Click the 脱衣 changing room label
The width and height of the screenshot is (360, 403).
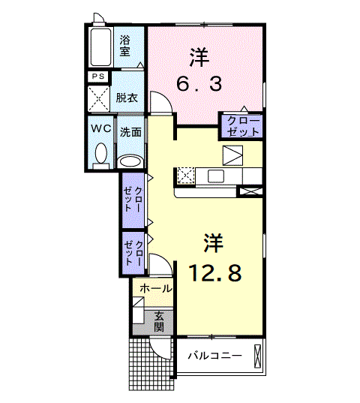click(125, 98)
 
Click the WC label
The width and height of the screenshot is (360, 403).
click(101, 128)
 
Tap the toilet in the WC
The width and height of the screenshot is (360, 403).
click(100, 153)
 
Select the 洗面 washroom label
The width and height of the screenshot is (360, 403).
click(130, 131)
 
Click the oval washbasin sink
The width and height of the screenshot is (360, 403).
click(130, 161)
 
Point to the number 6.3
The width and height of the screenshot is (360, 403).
click(199, 84)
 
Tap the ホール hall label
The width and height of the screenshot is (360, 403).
click(156, 288)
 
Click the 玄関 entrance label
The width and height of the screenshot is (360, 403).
click(161, 321)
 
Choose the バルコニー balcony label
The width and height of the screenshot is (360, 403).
click(214, 355)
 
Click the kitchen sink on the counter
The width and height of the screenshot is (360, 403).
click(216, 176)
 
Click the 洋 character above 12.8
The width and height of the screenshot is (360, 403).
click(214, 242)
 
